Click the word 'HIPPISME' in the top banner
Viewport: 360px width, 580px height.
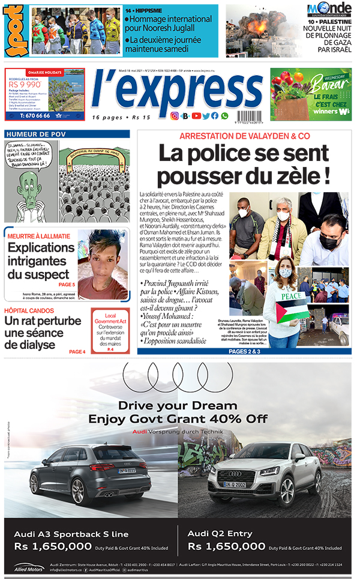151,10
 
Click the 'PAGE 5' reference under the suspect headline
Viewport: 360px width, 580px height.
67,285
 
